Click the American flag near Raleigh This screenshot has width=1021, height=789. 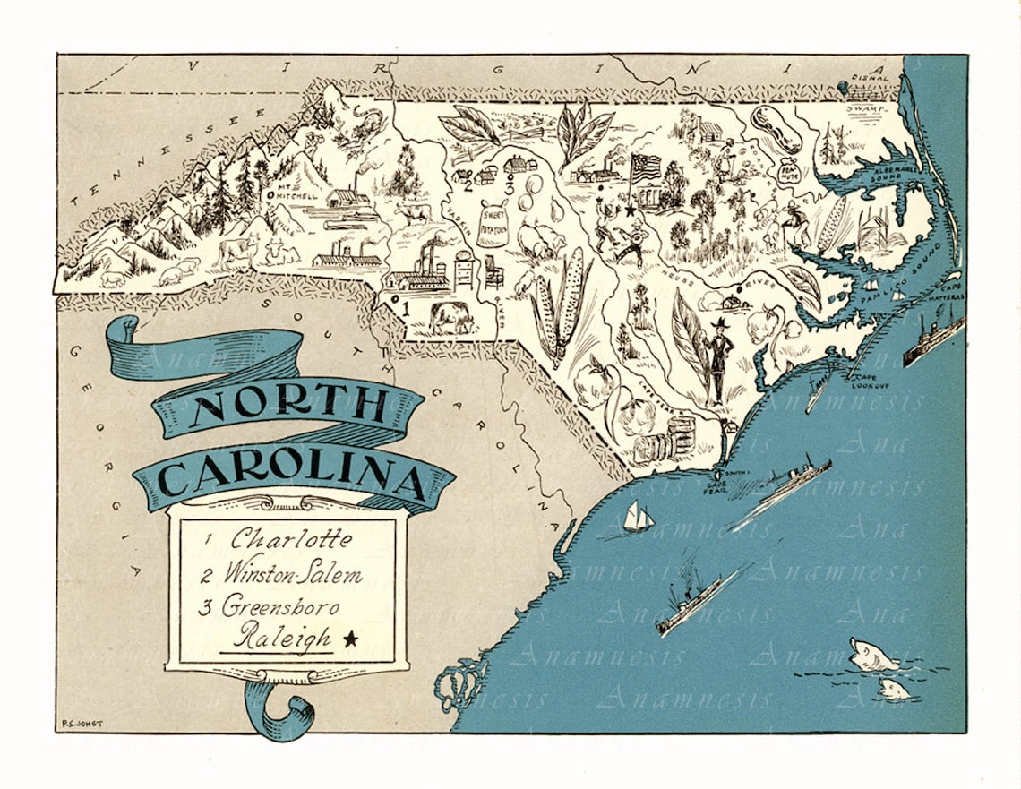(645, 167)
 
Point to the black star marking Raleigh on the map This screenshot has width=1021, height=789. (631, 210)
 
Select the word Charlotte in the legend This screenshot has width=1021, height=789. (278, 540)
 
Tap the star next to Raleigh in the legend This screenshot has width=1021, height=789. (350, 639)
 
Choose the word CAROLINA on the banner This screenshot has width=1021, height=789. (293, 476)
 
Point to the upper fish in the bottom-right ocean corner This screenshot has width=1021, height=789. (873, 655)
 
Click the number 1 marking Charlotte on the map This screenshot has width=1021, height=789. (404, 308)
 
